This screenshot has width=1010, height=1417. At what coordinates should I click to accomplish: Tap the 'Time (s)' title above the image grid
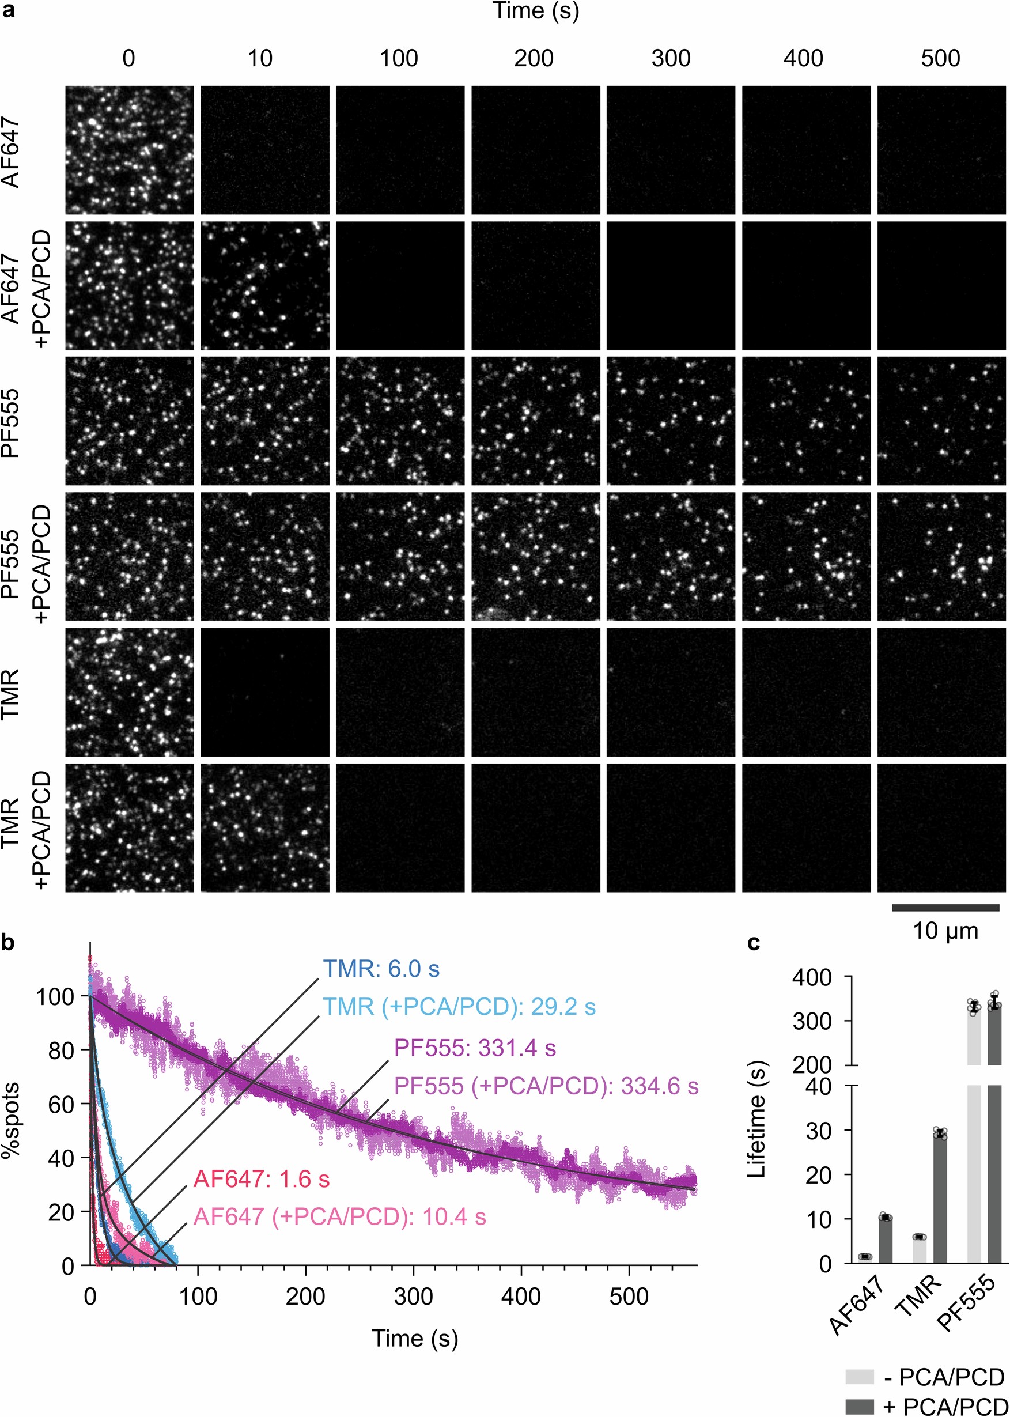click(535, 11)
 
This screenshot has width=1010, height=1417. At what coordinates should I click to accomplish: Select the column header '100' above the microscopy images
click(399, 58)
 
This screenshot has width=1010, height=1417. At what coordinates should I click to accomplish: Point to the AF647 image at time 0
click(130, 150)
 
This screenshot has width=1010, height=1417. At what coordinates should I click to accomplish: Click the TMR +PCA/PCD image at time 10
click(265, 827)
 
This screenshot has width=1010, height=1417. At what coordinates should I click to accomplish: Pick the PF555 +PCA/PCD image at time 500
click(941, 556)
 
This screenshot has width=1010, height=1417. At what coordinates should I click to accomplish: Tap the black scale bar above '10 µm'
click(945, 908)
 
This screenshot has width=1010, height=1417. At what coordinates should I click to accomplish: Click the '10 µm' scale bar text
click(945, 931)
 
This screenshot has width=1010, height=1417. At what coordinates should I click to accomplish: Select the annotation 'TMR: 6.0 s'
click(381, 969)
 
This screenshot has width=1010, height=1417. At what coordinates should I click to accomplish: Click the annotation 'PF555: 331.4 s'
click(475, 1048)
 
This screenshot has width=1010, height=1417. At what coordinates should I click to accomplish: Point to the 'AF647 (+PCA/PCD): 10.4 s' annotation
click(339, 1216)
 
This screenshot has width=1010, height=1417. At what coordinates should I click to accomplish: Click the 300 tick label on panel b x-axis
click(413, 1297)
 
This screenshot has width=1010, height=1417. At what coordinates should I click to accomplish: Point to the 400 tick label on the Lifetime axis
click(812, 977)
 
